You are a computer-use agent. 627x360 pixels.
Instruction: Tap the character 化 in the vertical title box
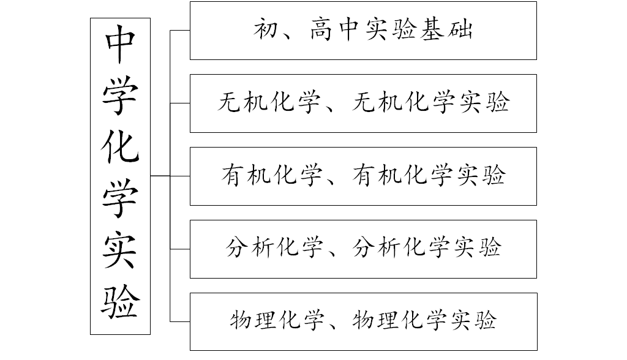click(120, 148)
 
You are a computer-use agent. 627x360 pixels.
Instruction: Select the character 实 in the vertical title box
click(120, 248)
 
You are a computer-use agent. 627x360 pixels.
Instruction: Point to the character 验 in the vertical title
click(120, 299)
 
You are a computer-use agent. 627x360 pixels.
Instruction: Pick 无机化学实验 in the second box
click(431, 103)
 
